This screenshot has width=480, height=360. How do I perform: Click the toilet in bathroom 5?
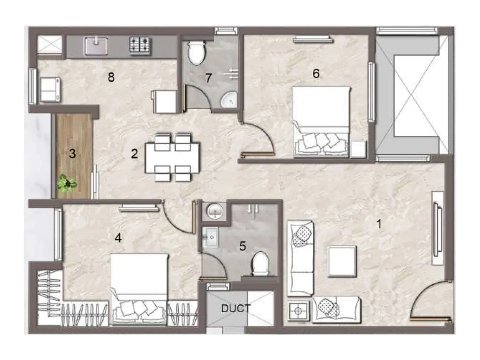[x=260, y=263]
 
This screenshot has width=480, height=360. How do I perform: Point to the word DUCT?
[x=235, y=308]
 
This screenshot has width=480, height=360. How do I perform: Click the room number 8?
[x=111, y=77]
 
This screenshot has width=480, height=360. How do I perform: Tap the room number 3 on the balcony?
[x=72, y=154]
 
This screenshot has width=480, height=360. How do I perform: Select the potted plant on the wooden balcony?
[x=67, y=184]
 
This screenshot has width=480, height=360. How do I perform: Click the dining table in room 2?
[x=172, y=158]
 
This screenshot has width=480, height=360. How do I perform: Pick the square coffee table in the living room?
[x=342, y=261]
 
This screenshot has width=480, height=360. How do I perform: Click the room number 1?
[x=379, y=224]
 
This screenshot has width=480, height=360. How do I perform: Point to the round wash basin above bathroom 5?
[x=215, y=211]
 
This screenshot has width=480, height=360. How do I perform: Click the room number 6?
[x=316, y=73]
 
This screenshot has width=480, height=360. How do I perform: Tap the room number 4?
[x=118, y=238]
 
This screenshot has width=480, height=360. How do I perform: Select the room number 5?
[x=242, y=246]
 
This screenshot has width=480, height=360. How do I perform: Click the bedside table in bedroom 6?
[x=358, y=149]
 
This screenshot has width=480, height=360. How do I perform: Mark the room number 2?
[x=134, y=154]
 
